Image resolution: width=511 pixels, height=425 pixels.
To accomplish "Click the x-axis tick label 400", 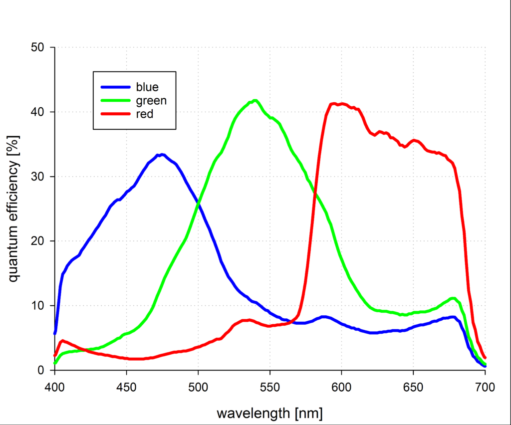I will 55,387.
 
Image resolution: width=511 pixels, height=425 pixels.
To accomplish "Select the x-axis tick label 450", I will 126,387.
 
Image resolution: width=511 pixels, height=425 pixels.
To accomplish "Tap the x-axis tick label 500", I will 198,387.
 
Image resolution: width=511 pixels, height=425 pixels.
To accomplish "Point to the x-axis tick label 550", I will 270,387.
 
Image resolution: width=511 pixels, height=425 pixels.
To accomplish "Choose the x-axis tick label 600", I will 341,387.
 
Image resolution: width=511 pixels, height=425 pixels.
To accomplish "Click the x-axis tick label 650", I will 413,387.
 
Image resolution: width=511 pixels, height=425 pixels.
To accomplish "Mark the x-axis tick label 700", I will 485,387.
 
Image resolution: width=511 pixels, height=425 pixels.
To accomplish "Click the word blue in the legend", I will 147,87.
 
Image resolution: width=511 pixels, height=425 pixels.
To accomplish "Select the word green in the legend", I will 151,100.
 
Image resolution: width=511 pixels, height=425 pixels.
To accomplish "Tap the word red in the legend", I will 145,114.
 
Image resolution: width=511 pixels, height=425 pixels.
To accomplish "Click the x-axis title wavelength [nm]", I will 269,413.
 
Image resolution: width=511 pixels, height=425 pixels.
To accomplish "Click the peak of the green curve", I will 255,101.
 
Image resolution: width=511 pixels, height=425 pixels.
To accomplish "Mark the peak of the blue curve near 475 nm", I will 162,155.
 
